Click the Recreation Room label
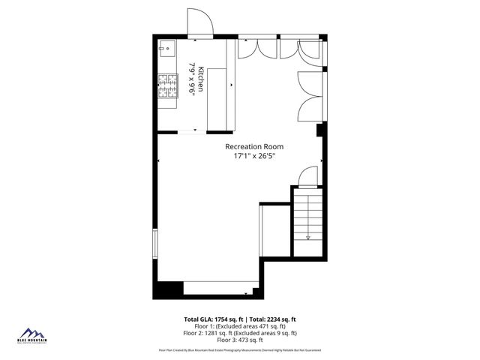click(x=255, y=147)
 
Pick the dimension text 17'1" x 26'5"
click(x=255, y=156)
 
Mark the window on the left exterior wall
click(x=155, y=244)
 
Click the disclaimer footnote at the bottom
click(x=240, y=350)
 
